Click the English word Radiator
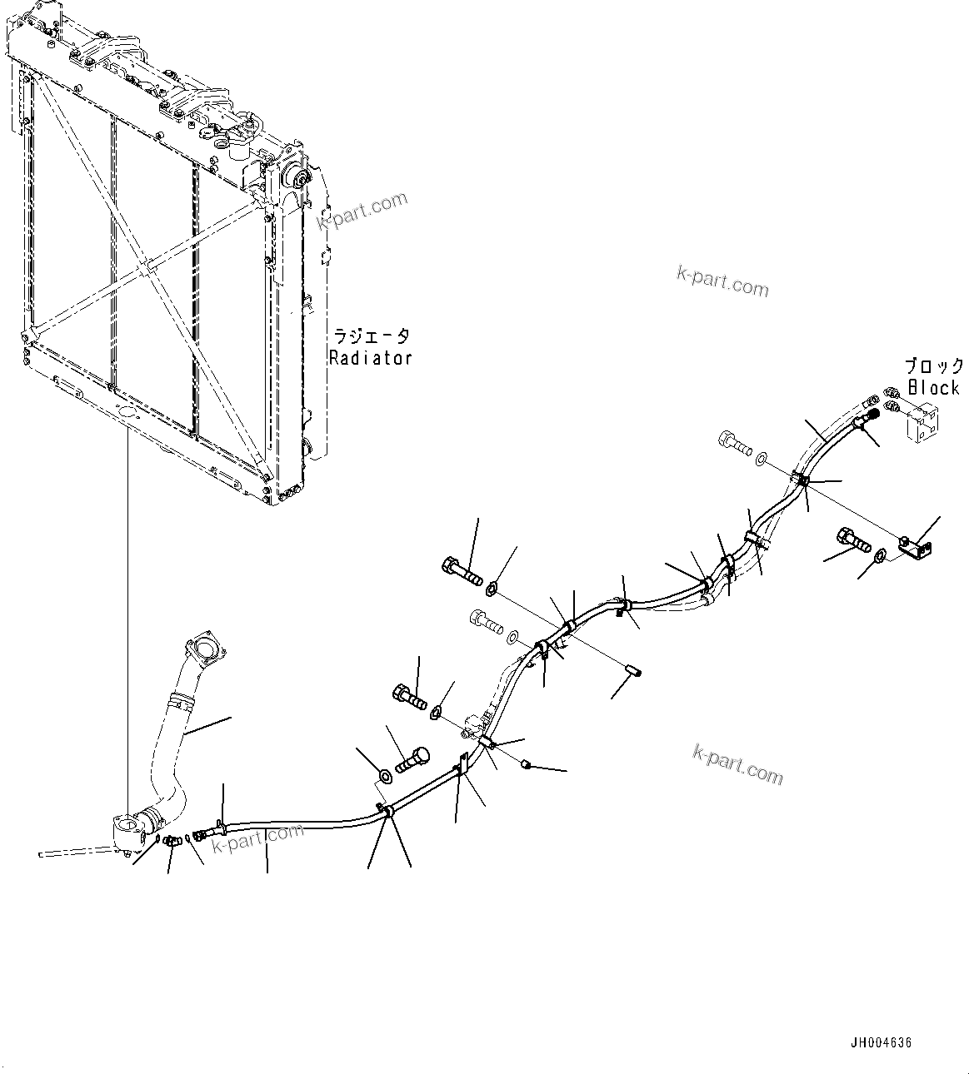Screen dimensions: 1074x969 point(370,358)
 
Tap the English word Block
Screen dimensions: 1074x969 point(933,387)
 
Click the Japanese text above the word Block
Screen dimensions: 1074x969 point(934,366)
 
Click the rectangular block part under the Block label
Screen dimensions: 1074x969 point(921,421)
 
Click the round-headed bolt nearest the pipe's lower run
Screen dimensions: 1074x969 point(412,760)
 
